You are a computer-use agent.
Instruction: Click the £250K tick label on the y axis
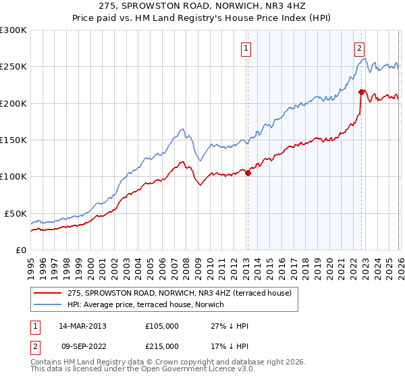tap(13, 67)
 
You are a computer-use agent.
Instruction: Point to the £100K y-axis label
tap(13, 177)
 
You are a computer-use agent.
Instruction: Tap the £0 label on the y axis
tap(20, 250)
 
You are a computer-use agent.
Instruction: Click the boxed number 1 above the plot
tap(246, 48)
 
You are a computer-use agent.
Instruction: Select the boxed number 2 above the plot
tap(360, 48)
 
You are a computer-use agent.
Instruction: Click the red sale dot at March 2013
tap(248, 173)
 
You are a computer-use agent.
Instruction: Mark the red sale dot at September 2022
tap(361, 92)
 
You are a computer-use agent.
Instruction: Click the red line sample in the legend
tap(48, 293)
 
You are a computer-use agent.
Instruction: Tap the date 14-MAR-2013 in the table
tap(82, 326)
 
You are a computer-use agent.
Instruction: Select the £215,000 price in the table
tap(162, 346)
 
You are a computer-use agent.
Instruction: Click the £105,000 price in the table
tap(162, 326)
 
